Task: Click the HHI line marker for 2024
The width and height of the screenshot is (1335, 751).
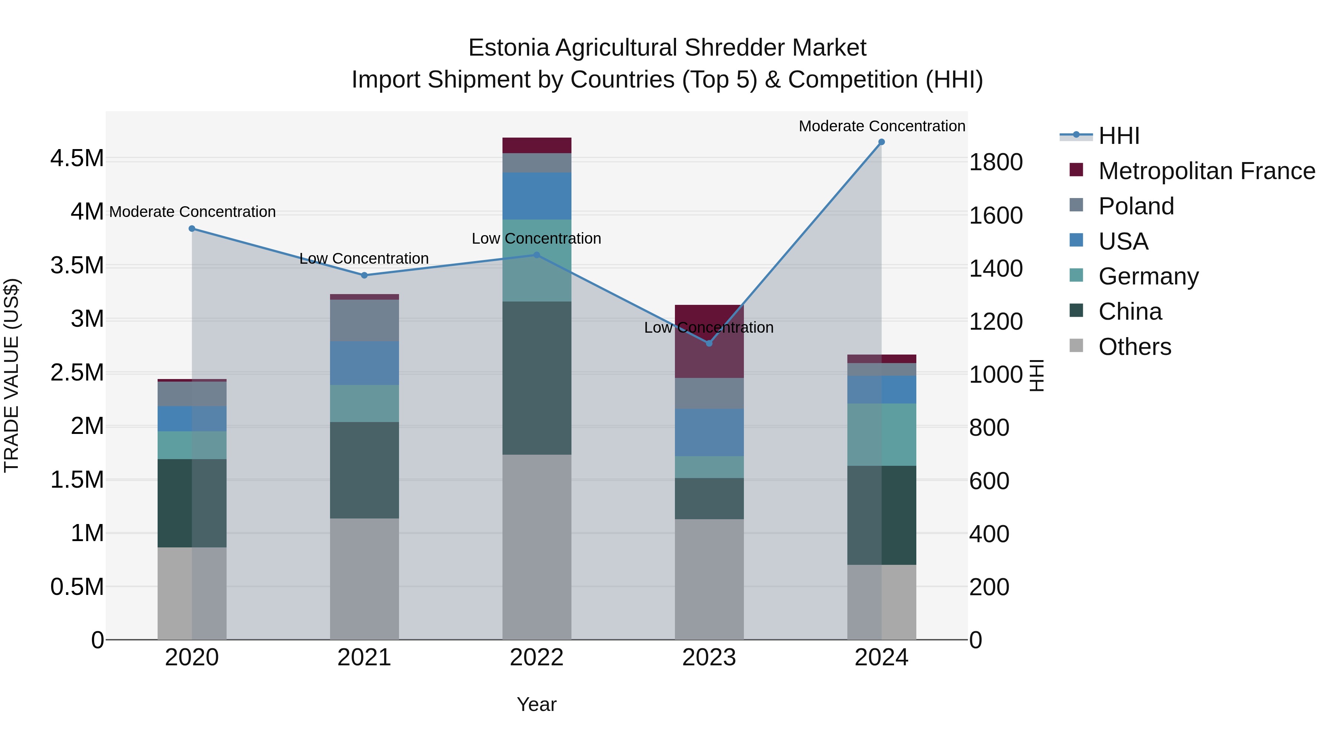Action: coord(881,142)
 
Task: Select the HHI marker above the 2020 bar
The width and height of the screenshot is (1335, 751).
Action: coord(192,228)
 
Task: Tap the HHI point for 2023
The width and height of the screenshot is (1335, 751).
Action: coord(709,343)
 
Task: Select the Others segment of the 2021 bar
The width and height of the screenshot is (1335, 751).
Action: coord(364,579)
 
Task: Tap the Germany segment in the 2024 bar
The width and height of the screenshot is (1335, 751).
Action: coord(881,434)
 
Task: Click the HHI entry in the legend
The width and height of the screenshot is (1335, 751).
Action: coord(1118,136)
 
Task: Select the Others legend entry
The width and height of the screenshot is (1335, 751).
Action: coord(1134,347)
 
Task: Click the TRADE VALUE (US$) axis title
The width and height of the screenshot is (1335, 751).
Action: coord(12,376)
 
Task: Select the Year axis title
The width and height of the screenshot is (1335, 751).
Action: coord(536,704)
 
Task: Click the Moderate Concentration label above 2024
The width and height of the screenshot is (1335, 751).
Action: coord(881,126)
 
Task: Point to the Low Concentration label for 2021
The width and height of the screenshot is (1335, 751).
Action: coord(364,258)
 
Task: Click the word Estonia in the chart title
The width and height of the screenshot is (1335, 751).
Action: coord(508,48)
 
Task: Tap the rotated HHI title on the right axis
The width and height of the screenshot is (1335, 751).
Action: coord(1036,376)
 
